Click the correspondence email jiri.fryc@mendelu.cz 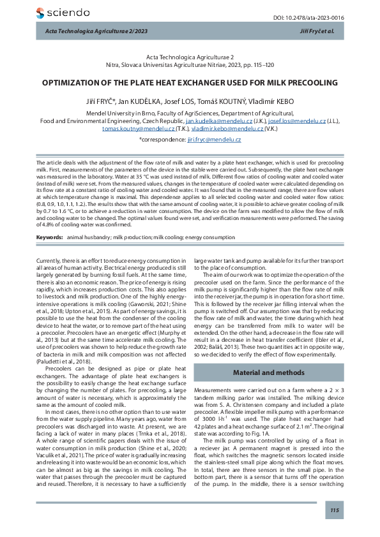coord(214,139)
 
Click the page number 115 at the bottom coord(334,511)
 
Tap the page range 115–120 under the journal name coord(261,65)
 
